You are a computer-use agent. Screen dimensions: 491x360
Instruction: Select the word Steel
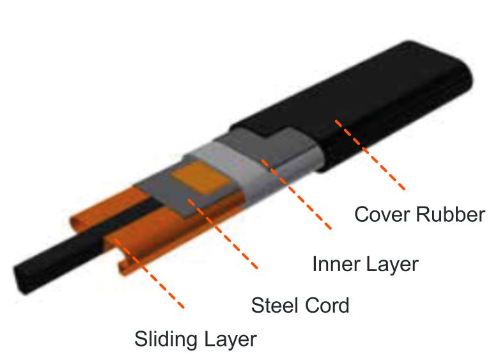(275, 305)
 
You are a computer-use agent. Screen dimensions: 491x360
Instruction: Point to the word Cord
(326, 306)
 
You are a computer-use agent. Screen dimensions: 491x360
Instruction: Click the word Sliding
(166, 340)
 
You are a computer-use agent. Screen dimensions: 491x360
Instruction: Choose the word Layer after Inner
(391, 265)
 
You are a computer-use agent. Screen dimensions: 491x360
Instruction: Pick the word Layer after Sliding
(230, 340)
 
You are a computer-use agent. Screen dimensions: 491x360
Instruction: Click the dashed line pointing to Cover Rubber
(370, 155)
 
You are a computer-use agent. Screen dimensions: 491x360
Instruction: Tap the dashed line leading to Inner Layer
(296, 194)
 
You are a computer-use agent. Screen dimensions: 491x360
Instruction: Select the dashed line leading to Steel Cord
(222, 234)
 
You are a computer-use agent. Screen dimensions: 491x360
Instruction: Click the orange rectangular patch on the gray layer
(201, 178)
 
